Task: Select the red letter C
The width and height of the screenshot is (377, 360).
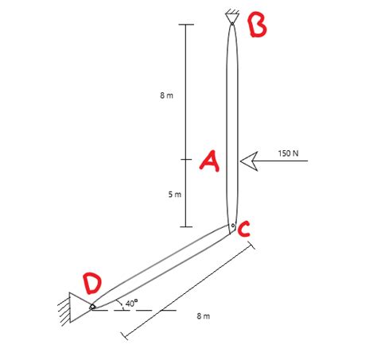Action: (245, 230)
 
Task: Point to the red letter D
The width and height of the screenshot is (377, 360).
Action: (94, 282)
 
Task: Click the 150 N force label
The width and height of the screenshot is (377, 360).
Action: (288, 152)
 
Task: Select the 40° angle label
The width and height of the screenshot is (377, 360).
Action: (130, 303)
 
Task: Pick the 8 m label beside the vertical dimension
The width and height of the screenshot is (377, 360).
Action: (166, 95)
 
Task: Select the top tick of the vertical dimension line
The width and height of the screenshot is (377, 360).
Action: (185, 25)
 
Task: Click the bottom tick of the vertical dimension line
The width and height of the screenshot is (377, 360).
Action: (185, 226)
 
